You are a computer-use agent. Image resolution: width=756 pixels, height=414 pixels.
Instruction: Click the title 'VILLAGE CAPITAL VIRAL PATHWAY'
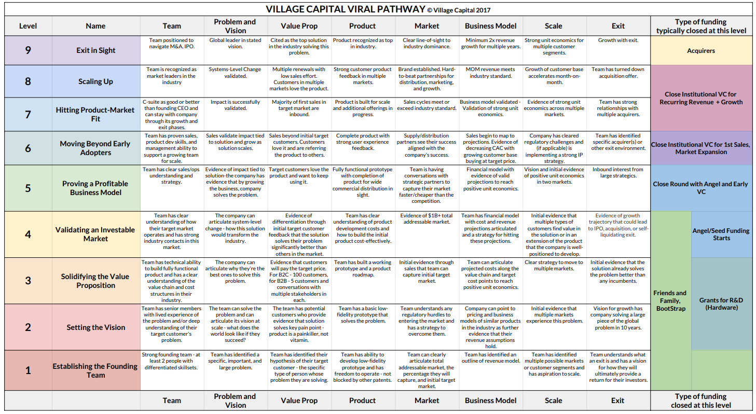[x=345, y=9]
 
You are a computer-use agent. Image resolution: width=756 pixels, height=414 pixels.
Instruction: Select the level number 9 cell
[x=28, y=50]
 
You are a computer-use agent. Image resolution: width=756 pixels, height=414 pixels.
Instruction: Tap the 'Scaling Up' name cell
[x=96, y=81]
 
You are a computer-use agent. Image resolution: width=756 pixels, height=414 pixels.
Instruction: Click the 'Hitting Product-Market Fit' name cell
[x=96, y=114]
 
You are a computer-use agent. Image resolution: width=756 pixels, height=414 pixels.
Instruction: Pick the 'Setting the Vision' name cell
[x=96, y=327]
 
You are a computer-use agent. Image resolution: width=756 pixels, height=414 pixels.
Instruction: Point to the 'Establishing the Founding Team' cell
[x=96, y=370]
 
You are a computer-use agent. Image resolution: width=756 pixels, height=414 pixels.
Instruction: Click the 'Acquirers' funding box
[x=701, y=51]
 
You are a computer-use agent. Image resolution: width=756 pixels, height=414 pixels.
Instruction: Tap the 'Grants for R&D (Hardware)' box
[x=721, y=304]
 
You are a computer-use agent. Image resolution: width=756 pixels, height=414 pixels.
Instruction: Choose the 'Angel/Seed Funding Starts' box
[x=721, y=234]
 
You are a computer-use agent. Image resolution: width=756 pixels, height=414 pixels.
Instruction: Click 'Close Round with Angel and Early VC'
[x=701, y=188]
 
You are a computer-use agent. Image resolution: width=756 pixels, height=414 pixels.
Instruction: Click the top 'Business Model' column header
[x=490, y=26]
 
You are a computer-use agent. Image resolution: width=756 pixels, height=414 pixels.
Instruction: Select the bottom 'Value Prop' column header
[x=299, y=401]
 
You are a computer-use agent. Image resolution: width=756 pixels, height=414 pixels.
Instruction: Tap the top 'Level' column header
[x=28, y=26]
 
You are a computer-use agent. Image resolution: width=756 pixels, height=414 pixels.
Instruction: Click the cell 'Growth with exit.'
[x=618, y=40]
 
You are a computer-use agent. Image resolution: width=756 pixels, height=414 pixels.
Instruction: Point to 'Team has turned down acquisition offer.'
[x=618, y=73]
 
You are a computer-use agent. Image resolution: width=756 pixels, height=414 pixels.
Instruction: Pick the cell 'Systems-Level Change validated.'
[x=235, y=73]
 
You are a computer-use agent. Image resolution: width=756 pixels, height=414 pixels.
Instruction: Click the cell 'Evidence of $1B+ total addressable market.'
[x=427, y=219]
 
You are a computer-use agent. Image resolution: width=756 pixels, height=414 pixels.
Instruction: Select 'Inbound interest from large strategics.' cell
[x=618, y=172]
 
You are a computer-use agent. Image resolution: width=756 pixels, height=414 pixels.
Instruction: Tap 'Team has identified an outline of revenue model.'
[x=490, y=358]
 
